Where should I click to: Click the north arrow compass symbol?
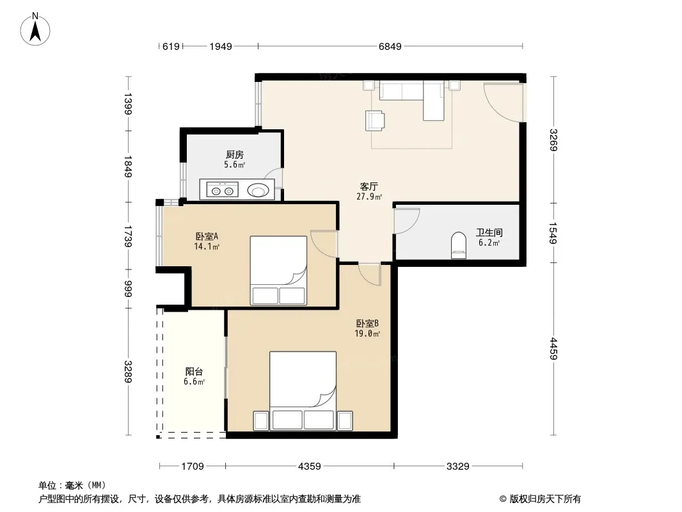tap(35, 29)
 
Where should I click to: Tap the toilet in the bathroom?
tap(459, 245)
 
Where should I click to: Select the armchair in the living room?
tap(375, 120)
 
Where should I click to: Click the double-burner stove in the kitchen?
tap(222, 191)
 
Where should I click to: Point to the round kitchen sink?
tap(258, 191)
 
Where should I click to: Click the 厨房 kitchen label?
tap(234, 154)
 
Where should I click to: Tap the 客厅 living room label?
tap(369, 187)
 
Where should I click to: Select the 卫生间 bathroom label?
tap(489, 233)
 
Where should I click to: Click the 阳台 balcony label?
tap(194, 371)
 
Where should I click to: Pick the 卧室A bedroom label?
tap(207, 237)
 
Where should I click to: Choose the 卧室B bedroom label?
tap(367, 324)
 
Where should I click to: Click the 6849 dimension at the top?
tap(390, 47)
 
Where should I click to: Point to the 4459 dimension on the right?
tap(553, 348)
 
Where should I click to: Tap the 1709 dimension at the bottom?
tap(192, 467)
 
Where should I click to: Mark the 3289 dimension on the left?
tap(128, 371)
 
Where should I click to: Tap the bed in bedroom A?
tap(278, 271)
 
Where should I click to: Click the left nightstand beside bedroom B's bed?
tap(261, 420)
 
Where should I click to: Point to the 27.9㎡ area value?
tap(369, 196)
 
